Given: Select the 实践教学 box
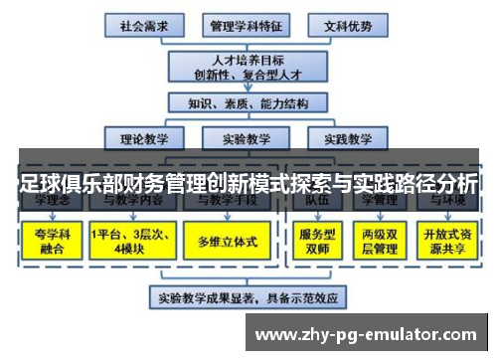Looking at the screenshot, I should point(340,139).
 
